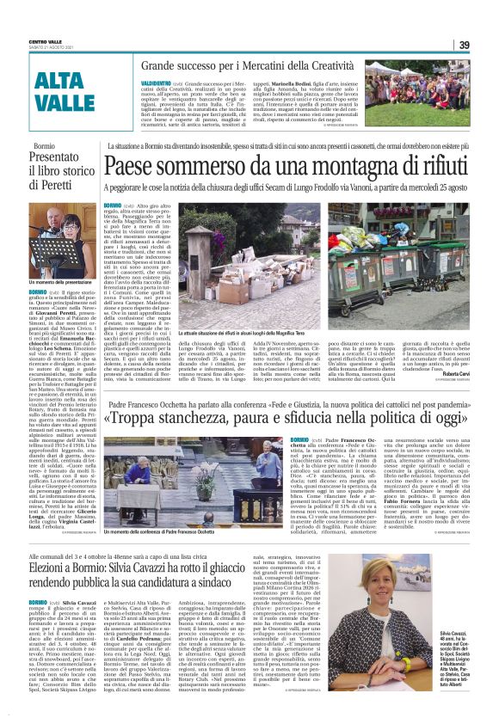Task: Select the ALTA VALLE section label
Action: (64, 92)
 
